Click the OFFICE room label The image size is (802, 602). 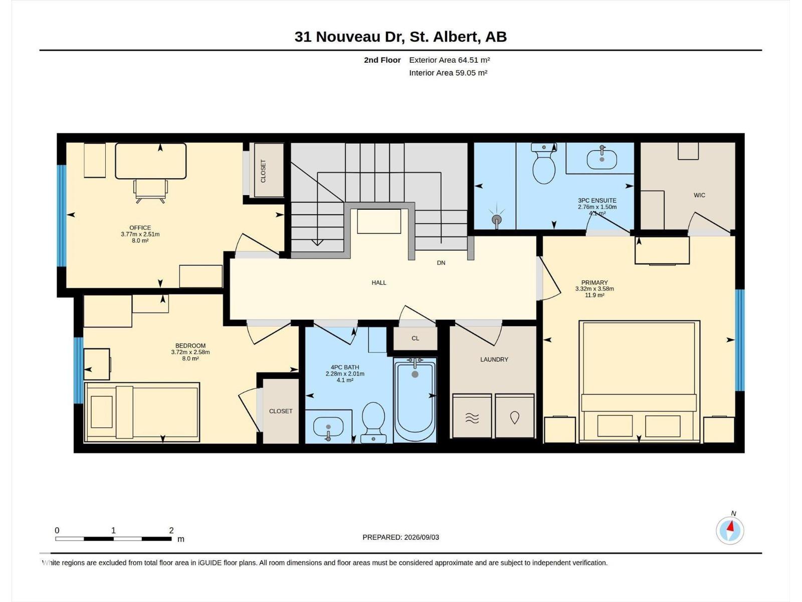click(x=140, y=228)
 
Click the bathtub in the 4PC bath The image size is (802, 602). click(x=415, y=400)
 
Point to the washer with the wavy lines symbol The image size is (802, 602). click(x=472, y=415)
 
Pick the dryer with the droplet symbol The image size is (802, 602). click(x=514, y=415)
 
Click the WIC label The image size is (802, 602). click(x=699, y=195)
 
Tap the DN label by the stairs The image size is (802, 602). click(x=441, y=263)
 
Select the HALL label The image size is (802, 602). click(x=379, y=282)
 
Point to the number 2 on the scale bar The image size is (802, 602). click(x=171, y=530)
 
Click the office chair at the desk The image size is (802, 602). click(x=150, y=191)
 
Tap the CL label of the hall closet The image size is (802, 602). click(x=416, y=339)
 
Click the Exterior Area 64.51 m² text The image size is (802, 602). click(x=450, y=60)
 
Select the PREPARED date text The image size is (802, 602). click(x=401, y=537)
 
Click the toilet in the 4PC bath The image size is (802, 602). click(x=373, y=422)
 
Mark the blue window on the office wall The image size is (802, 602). click(x=62, y=216)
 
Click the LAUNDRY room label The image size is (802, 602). click(x=494, y=360)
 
